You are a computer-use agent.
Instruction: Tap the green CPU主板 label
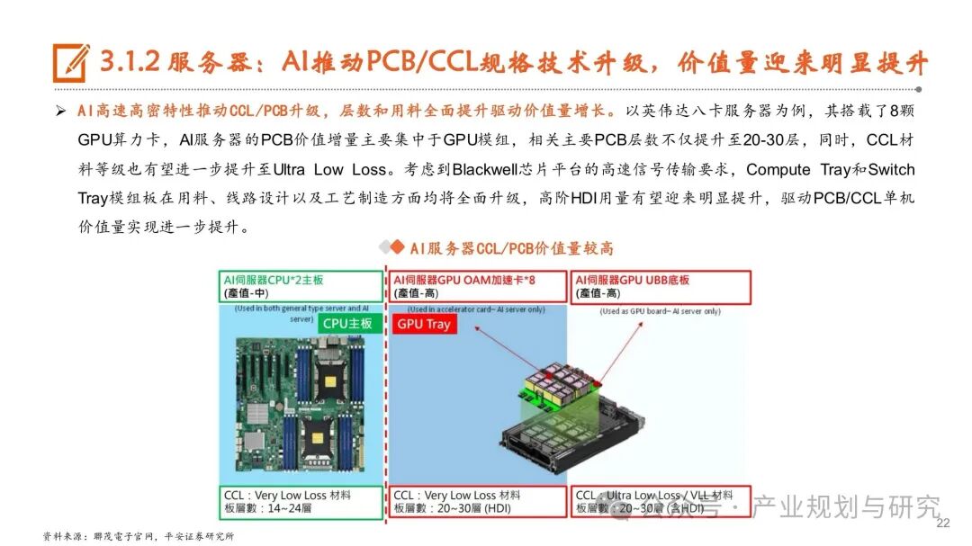click(x=347, y=324)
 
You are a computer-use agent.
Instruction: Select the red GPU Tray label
click(x=424, y=324)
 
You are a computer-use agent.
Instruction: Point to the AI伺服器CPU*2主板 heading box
click(x=300, y=286)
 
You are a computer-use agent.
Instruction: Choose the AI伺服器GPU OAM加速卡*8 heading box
click(x=479, y=286)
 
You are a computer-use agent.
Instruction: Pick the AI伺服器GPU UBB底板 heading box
click(x=661, y=286)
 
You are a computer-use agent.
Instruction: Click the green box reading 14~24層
click(x=300, y=502)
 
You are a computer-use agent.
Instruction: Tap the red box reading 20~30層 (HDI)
click(x=478, y=502)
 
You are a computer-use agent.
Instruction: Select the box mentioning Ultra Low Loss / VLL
click(x=660, y=502)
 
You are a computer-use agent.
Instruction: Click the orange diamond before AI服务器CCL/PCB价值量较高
click(x=397, y=247)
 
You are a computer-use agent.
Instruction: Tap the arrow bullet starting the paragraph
click(x=61, y=112)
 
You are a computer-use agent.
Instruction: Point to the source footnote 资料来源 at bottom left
click(x=138, y=536)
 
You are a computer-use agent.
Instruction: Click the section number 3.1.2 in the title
click(x=130, y=62)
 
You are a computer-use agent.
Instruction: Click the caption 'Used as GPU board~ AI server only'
click(x=661, y=311)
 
